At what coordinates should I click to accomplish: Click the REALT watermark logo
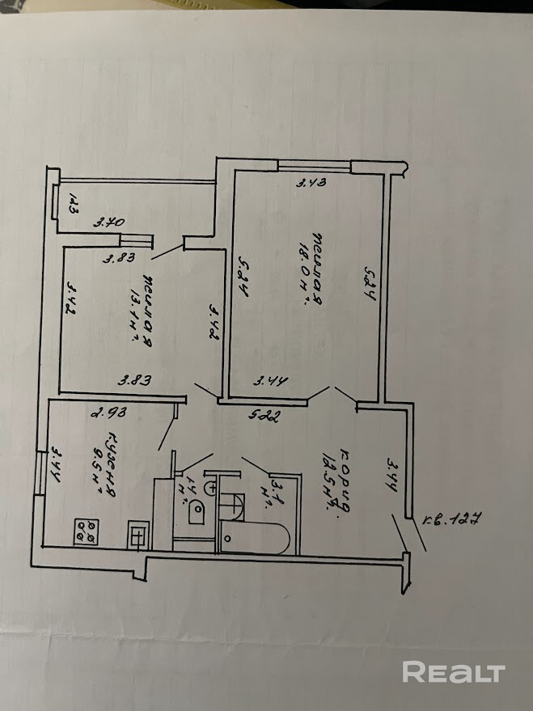pos(453,672)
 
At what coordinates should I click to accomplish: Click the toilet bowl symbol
pos(197,510)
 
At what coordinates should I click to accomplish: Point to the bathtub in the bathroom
pos(253,537)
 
